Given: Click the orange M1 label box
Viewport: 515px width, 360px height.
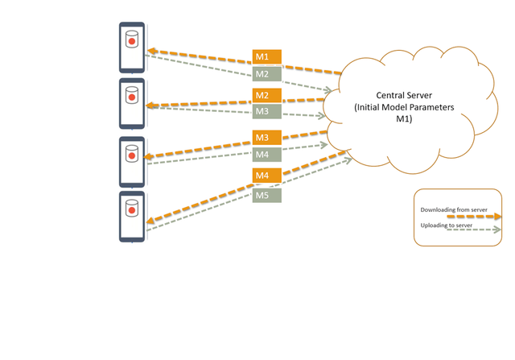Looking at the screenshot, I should click(266, 57).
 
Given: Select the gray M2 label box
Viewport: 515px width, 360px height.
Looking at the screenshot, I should click(266, 74).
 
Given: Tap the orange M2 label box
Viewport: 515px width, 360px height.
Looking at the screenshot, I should click(266, 96).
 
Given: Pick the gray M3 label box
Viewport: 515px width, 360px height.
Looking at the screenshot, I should click(266, 112).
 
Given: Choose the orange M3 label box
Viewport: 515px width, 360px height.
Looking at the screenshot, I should click(266, 138).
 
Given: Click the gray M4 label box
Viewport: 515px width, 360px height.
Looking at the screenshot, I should click(266, 154).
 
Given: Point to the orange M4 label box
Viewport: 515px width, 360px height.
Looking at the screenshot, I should click(266, 176).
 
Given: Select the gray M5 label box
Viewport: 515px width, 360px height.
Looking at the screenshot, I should click(266, 195).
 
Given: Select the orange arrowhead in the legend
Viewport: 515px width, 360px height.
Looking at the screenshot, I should click(495, 216).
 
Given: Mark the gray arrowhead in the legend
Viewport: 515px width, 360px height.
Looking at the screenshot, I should click(494, 230).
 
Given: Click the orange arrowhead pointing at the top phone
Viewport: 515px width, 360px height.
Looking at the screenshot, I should click(150, 51).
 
